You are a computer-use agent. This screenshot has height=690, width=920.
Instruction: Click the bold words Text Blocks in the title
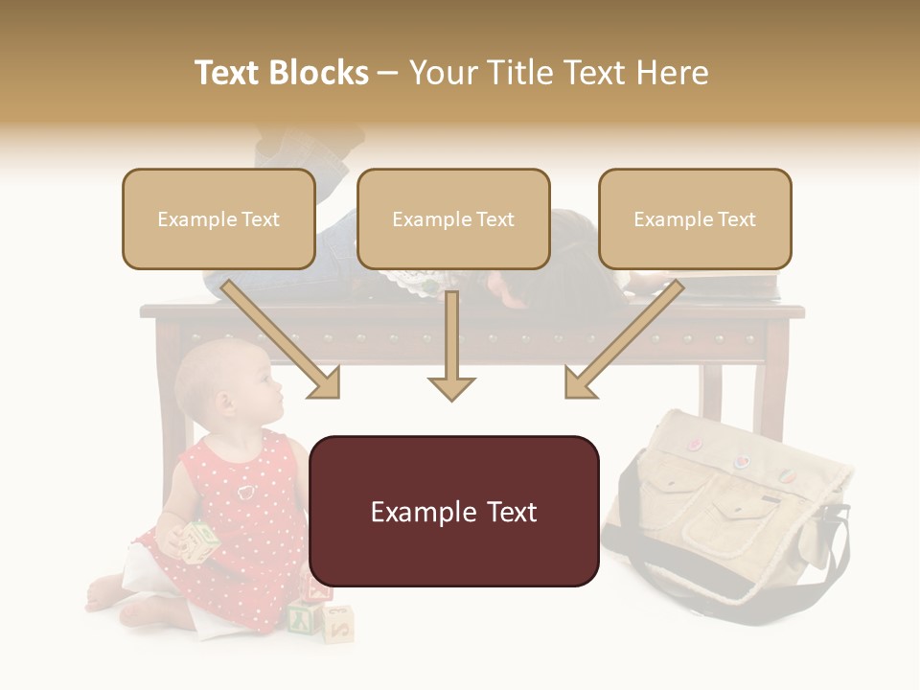click(281, 73)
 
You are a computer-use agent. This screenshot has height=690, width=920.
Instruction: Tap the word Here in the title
click(670, 73)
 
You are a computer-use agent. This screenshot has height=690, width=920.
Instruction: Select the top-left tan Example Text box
click(218, 219)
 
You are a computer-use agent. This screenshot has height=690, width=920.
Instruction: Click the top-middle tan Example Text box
click(453, 219)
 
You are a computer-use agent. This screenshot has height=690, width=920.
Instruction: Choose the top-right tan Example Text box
click(695, 219)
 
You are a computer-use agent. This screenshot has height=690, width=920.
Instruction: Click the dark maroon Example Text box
click(454, 511)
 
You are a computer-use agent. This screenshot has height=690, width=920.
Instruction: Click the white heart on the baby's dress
click(246, 492)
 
